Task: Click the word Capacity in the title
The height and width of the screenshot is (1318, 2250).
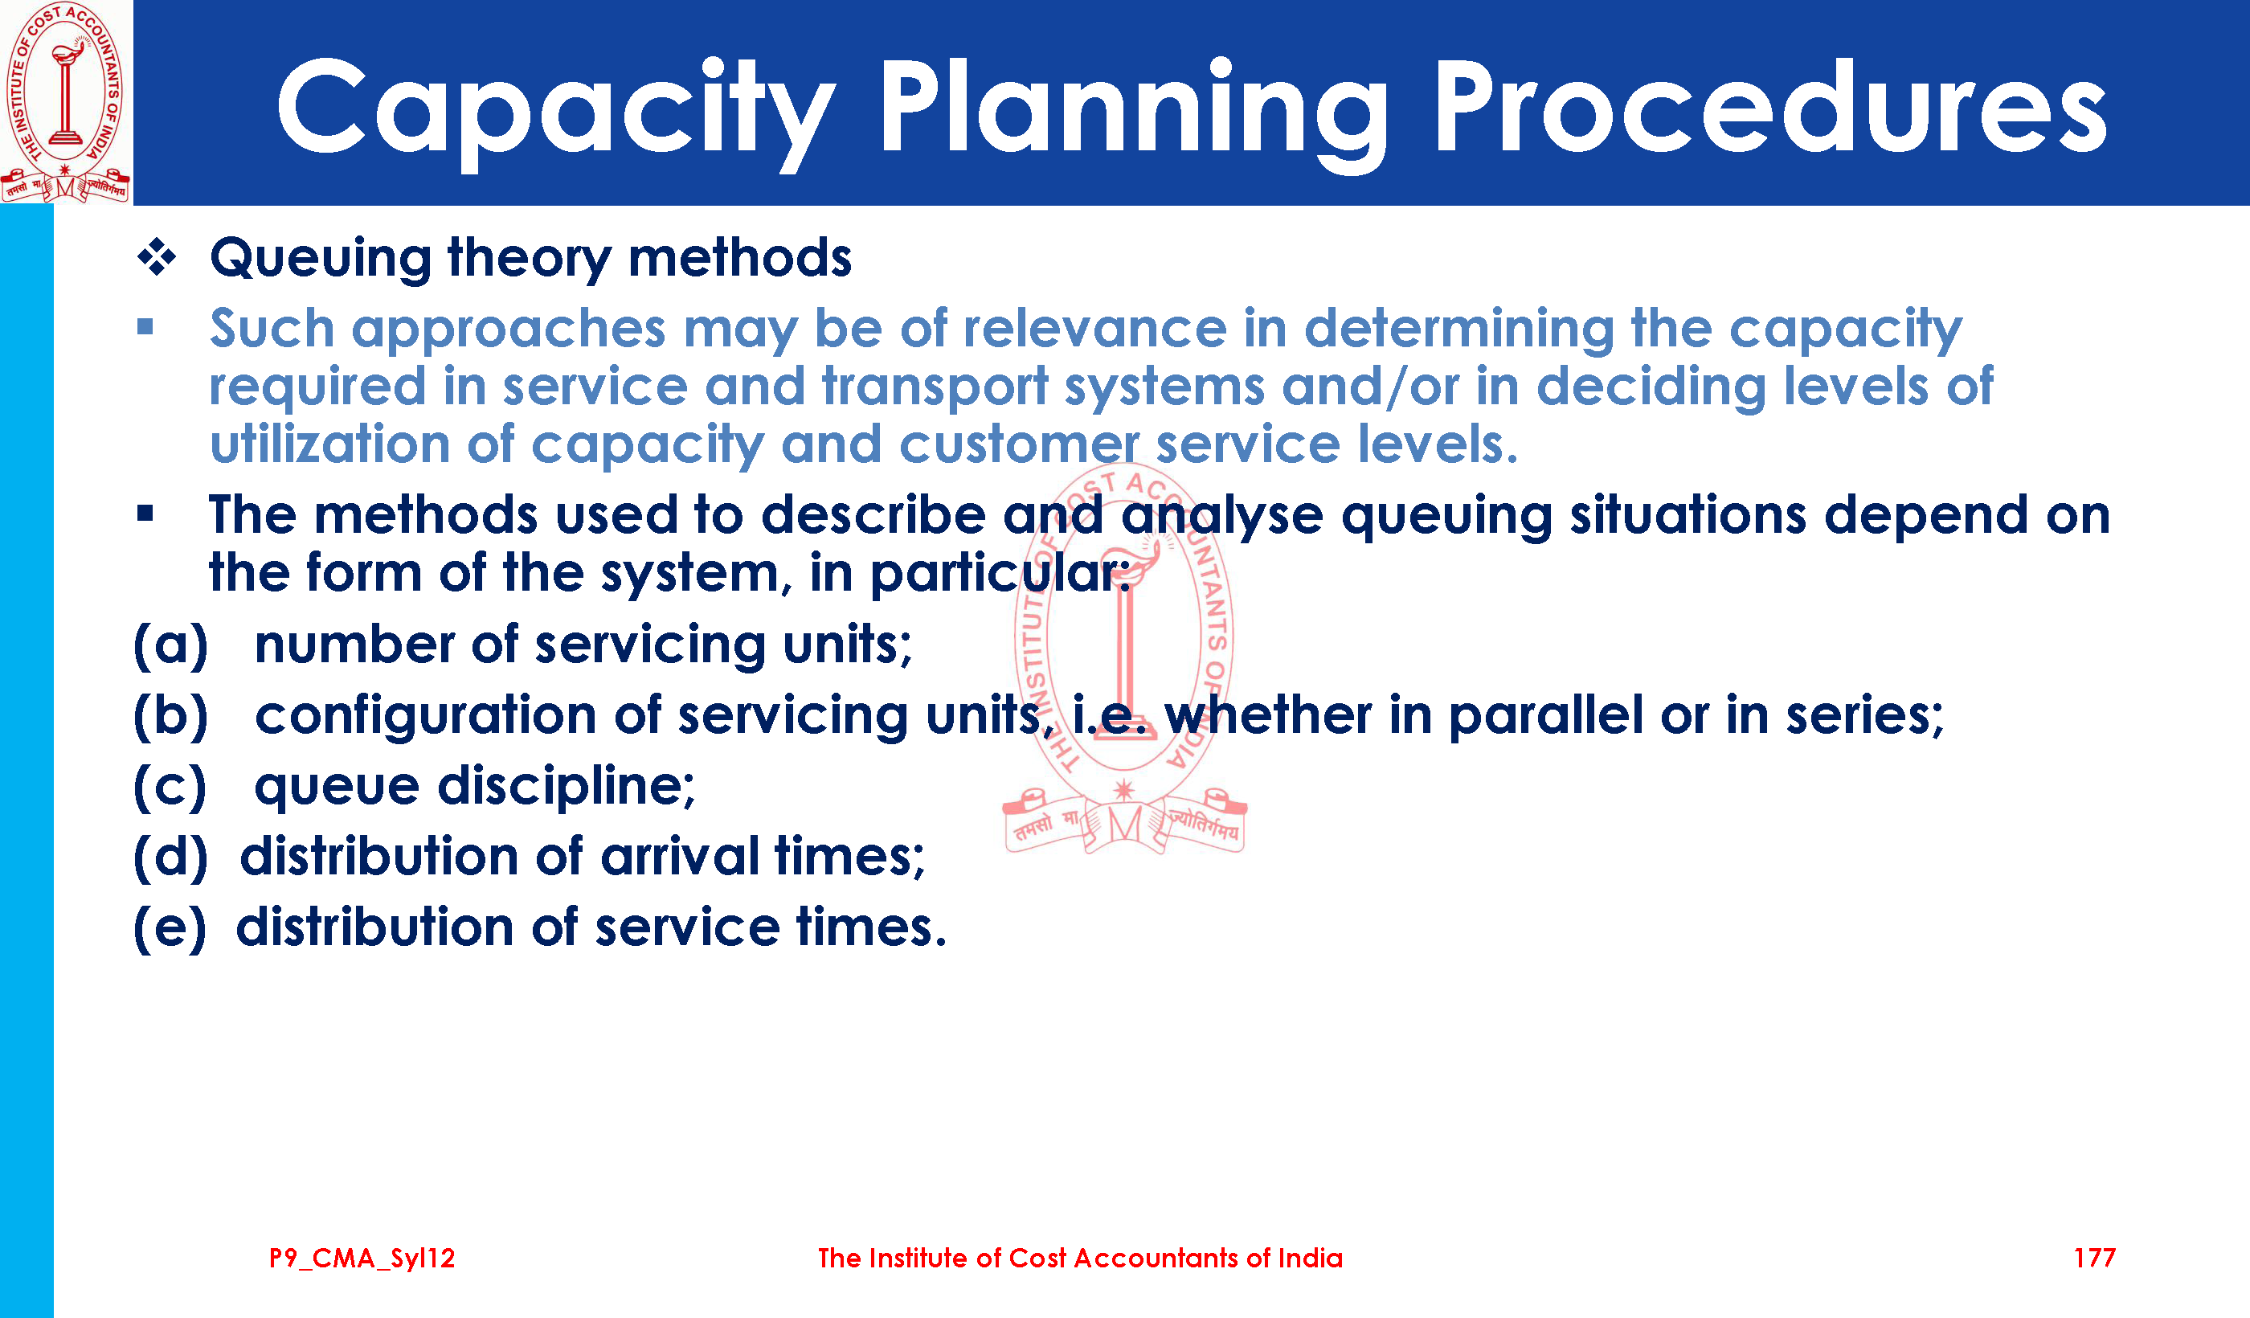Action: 556,111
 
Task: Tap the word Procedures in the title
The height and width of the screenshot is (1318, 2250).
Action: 1769,107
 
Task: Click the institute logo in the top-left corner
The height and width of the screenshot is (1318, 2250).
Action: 65,102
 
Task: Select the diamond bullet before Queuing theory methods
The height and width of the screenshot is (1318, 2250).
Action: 157,258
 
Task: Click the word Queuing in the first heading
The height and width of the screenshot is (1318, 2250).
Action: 321,259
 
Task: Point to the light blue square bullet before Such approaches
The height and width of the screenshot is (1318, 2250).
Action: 145,327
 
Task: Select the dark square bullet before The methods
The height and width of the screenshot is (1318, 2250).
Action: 145,514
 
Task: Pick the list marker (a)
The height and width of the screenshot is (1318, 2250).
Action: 170,645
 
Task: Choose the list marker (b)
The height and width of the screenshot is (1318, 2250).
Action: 170,715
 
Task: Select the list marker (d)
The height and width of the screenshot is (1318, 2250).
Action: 170,858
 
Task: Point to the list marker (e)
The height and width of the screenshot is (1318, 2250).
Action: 170,927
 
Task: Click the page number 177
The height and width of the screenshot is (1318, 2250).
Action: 2094,1259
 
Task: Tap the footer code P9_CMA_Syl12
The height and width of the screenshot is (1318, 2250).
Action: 362,1259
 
